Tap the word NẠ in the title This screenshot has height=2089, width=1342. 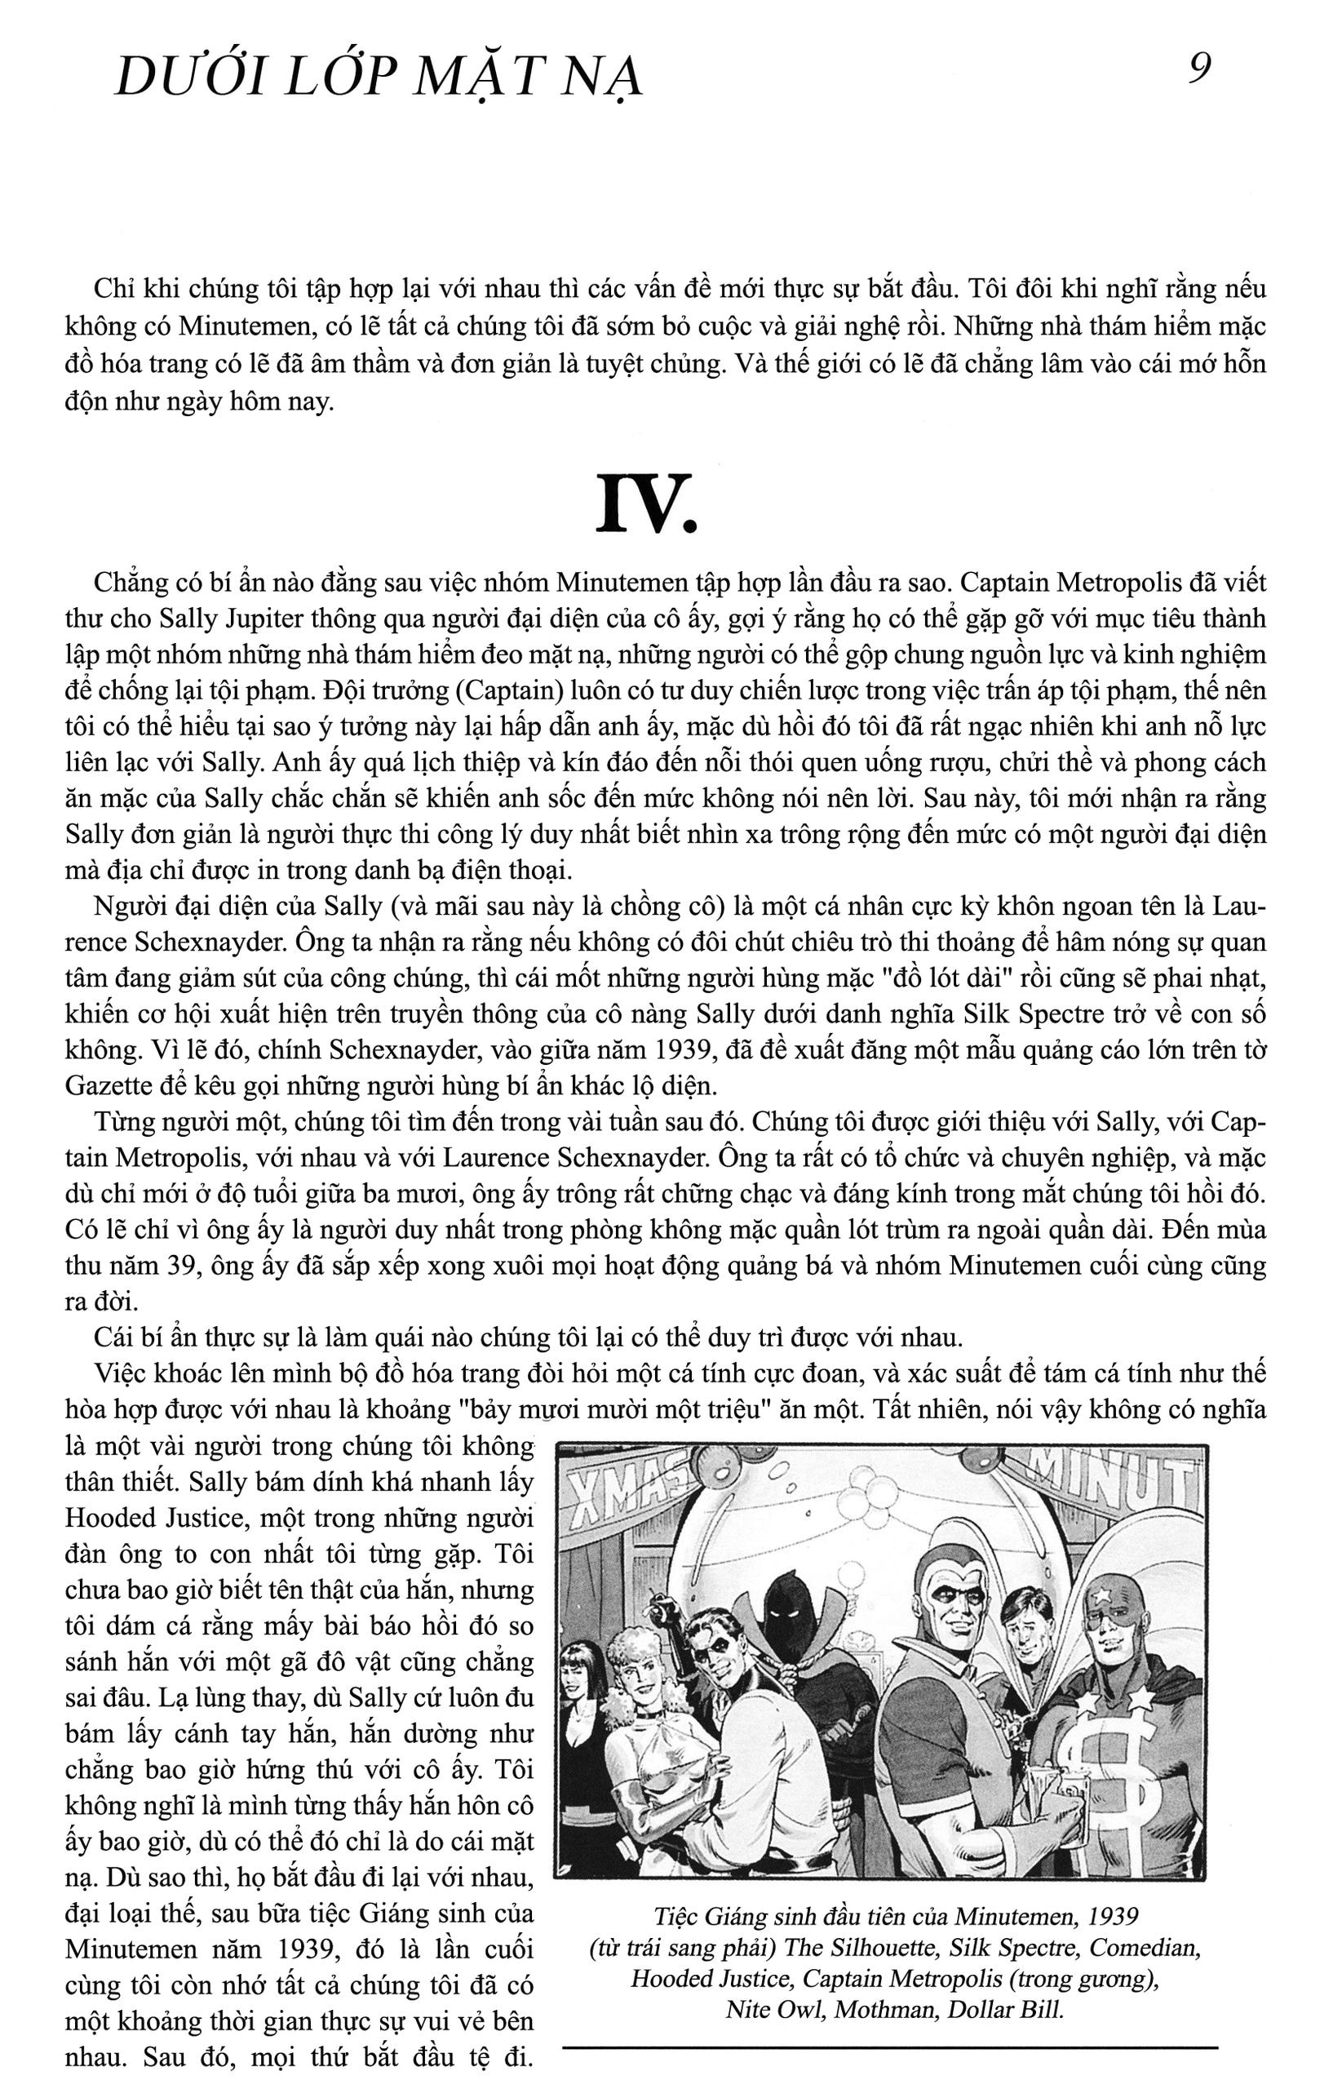605,80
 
